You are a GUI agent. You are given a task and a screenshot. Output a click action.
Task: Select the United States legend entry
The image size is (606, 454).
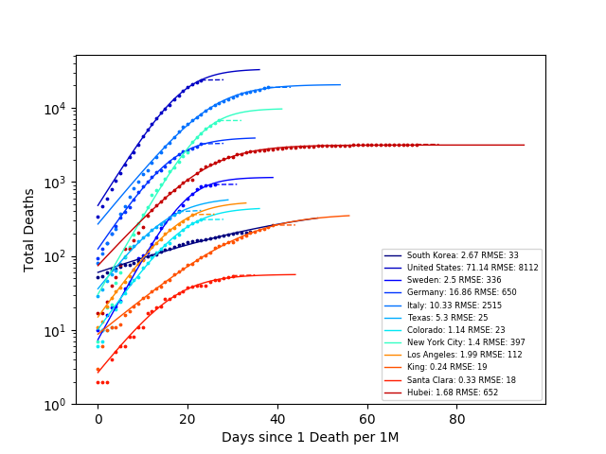[461, 268]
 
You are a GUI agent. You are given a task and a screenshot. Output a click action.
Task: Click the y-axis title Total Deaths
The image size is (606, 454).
[29, 230]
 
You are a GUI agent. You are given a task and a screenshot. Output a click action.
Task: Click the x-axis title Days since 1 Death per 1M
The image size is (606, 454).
[310, 437]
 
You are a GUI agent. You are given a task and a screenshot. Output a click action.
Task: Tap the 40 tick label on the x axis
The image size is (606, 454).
[276, 419]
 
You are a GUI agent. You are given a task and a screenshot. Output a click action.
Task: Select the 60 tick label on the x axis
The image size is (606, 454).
[366, 419]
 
